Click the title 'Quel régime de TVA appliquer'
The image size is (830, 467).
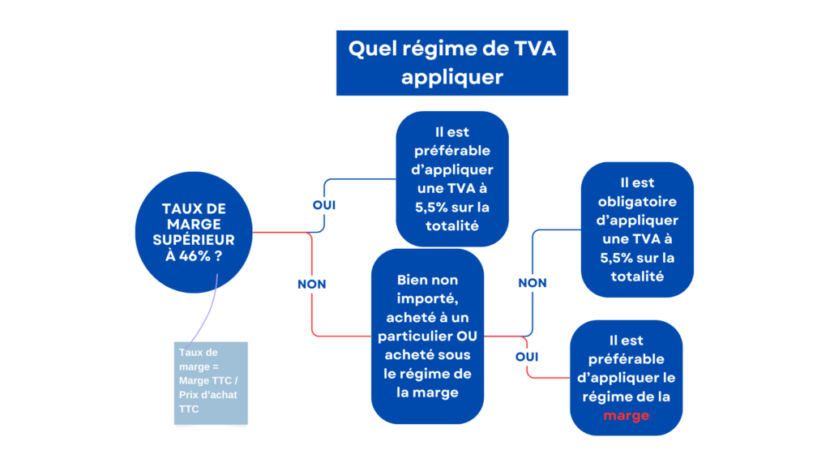pos(452,63)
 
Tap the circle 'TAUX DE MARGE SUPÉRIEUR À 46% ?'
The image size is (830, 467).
pos(194,232)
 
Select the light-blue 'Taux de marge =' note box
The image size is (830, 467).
pos(211,383)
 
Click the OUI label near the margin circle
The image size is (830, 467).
pos(324,205)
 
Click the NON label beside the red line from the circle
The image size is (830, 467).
pos(312,285)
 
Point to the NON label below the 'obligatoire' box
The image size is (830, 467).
pos(533,283)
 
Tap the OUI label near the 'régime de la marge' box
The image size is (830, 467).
pos(527,357)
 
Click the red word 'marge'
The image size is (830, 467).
pos(627,416)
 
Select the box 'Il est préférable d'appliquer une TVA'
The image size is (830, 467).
pos(452,179)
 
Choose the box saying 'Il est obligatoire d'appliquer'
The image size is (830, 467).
pos(637,229)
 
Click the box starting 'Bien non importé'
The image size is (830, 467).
pos(428,336)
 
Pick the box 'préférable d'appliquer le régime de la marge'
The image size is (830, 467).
pos(627,378)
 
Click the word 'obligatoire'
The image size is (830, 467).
pos(637,202)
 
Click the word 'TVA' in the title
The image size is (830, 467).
pos(535,49)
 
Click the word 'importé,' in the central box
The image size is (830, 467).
pos(428,299)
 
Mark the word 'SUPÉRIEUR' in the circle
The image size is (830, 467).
pos(194,240)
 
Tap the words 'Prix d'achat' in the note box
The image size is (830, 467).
pos(208,395)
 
